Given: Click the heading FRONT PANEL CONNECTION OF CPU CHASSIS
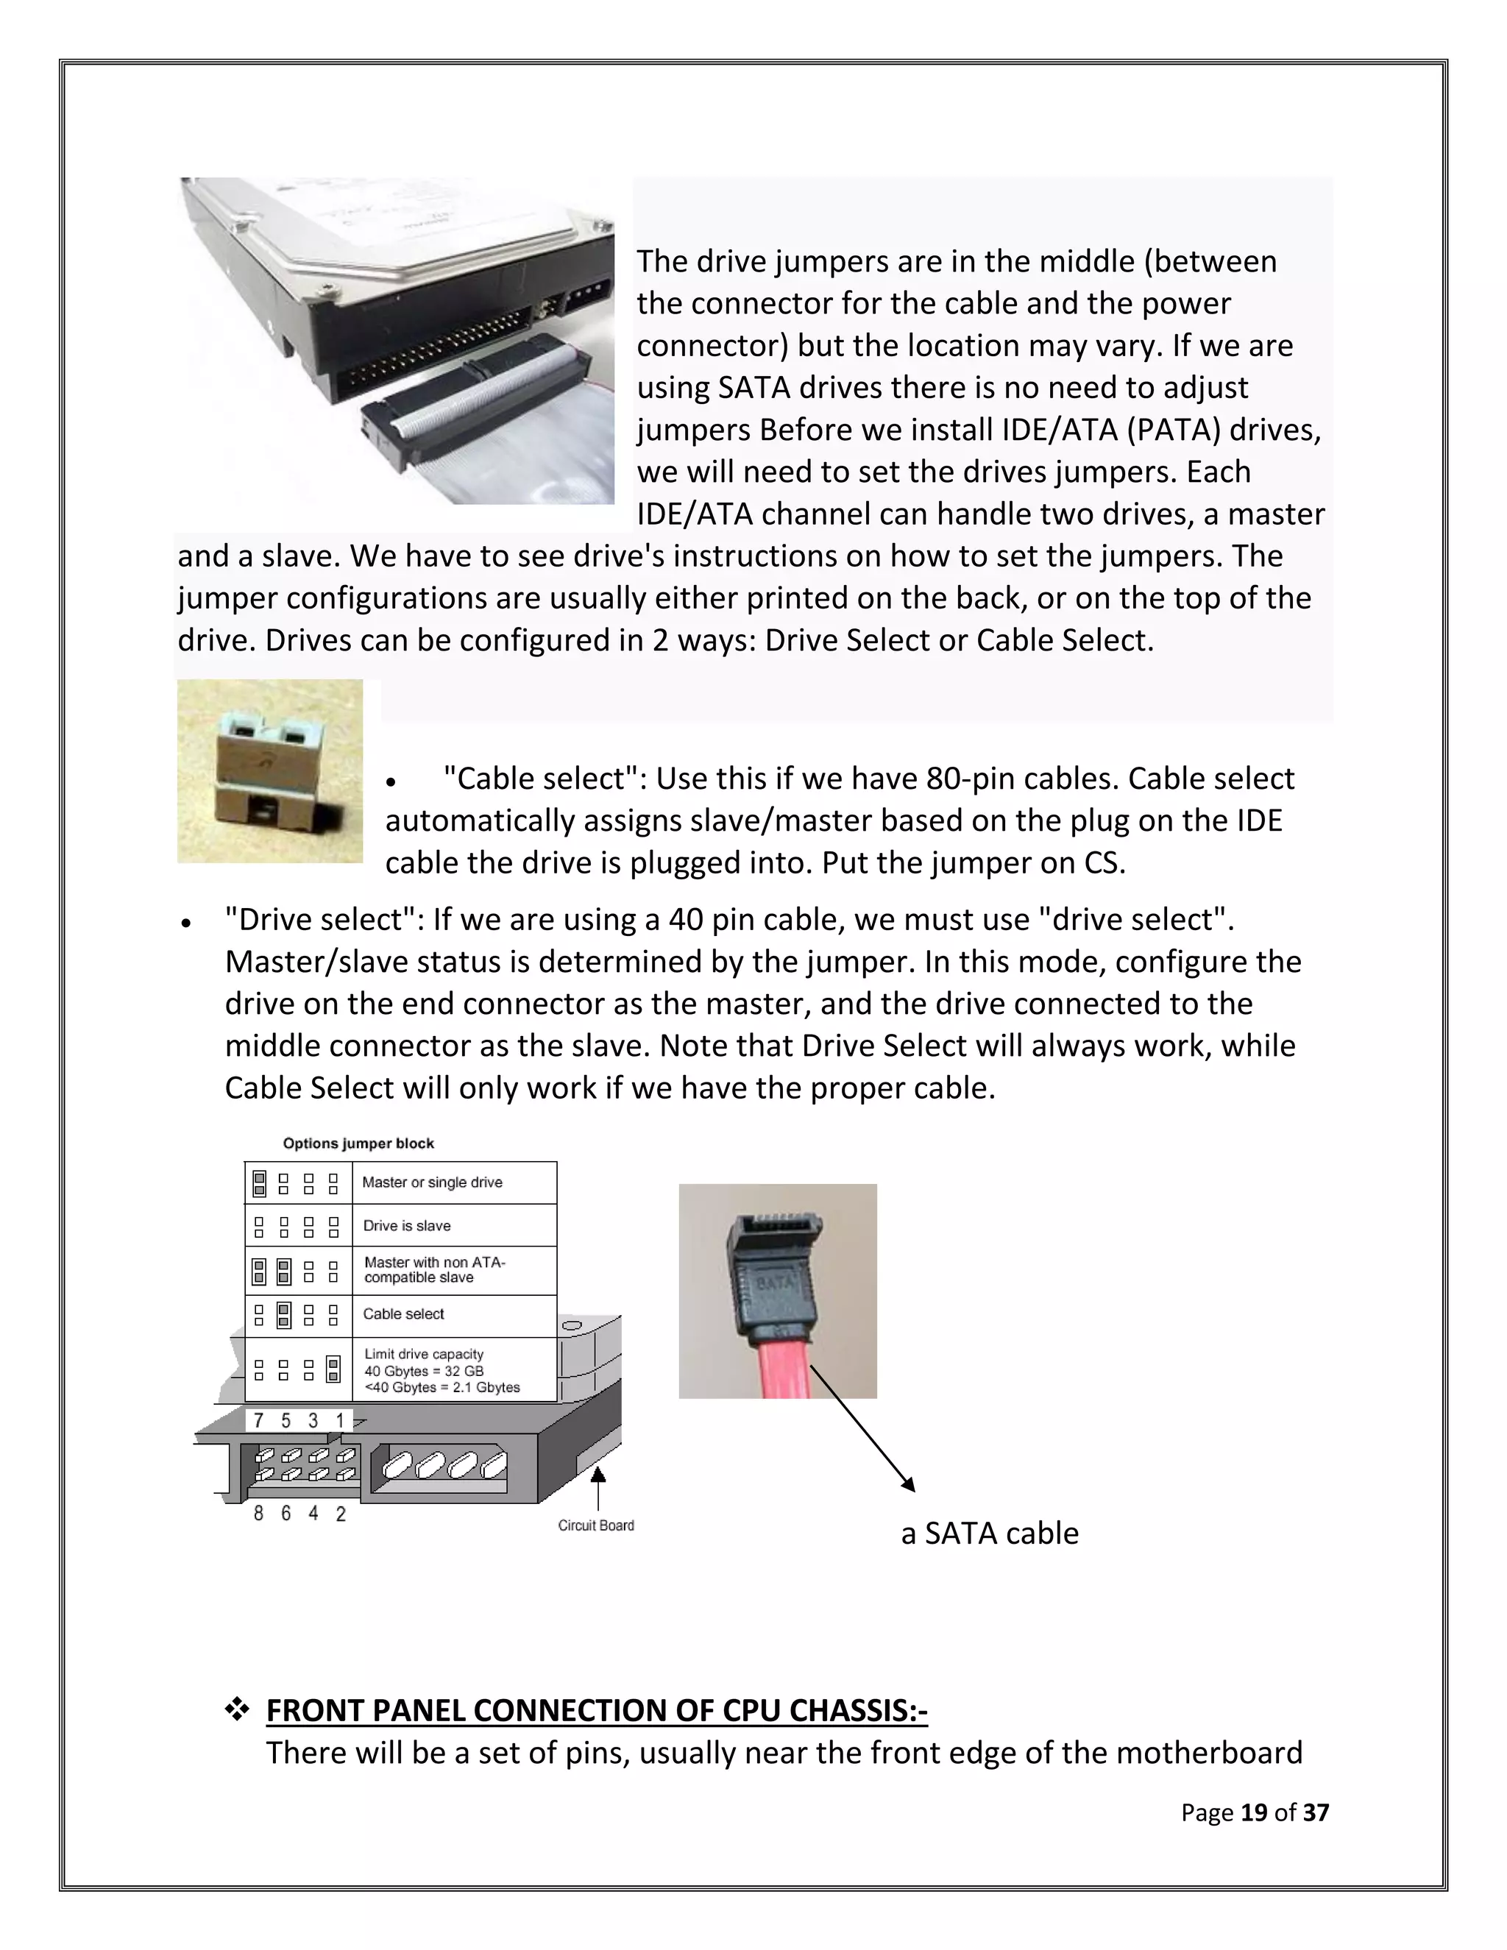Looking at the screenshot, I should (x=596, y=1710).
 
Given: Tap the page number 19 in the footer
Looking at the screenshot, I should (x=1253, y=1812).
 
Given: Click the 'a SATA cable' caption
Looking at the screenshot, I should (x=989, y=1532).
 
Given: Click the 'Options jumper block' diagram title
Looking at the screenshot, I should (x=358, y=1143).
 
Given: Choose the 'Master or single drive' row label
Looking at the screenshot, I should (x=432, y=1183).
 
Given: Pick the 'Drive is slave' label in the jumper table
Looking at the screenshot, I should (x=406, y=1226).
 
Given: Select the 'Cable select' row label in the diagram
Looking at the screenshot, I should (x=403, y=1313).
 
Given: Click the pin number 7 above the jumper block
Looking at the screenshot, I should (x=258, y=1419).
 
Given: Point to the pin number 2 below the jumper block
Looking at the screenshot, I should (x=340, y=1514).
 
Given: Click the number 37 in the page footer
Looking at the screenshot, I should (x=1315, y=1812).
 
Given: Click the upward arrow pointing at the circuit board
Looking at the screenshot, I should (x=598, y=1486).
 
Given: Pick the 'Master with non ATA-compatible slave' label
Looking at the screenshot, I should (x=434, y=1269).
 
